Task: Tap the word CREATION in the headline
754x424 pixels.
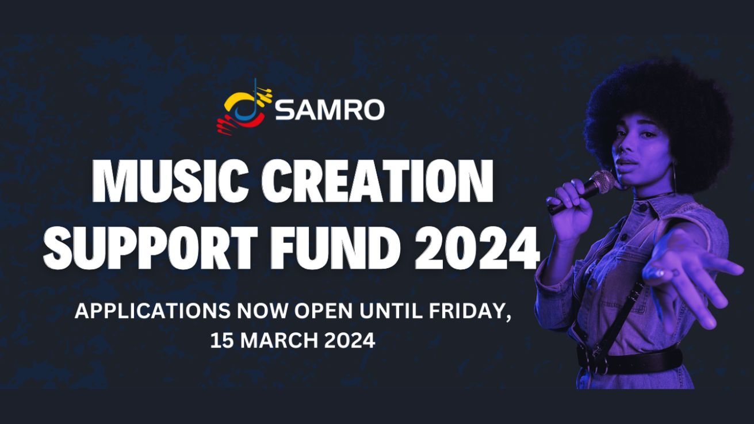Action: click(x=378, y=181)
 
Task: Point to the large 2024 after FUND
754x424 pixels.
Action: click(x=477, y=247)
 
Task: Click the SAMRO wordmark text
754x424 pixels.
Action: click(x=330, y=110)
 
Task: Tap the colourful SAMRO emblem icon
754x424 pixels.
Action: click(x=244, y=107)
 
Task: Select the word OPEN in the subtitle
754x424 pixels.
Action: click(x=323, y=311)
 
